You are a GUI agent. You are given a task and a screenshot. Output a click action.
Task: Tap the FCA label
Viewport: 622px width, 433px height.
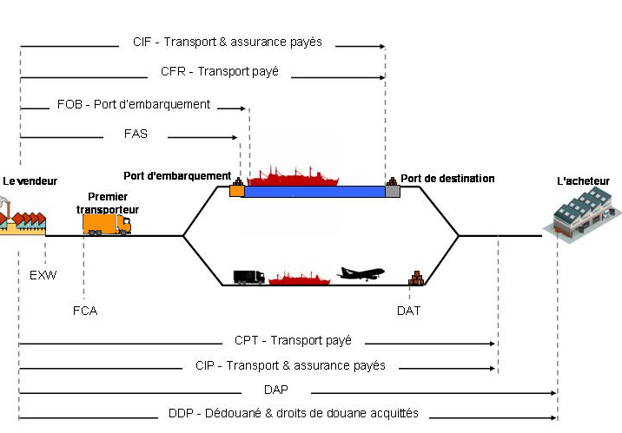(x=85, y=310)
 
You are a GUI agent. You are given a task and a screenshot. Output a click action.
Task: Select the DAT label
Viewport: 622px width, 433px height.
(x=408, y=310)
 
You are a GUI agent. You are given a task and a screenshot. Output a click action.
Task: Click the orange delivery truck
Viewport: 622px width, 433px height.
(x=106, y=224)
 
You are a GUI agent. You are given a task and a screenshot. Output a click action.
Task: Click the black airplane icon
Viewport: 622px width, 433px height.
(x=360, y=273)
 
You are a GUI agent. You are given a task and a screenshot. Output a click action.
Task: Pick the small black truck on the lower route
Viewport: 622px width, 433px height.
(x=248, y=277)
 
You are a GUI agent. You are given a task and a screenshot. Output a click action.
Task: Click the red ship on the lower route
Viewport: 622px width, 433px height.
(x=301, y=279)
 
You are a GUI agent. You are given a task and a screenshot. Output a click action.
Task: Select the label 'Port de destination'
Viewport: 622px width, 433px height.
(x=447, y=179)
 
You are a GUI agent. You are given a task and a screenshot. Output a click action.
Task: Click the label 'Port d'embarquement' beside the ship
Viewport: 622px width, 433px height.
(x=177, y=174)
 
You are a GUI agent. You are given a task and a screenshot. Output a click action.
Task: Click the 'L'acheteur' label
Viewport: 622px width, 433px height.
(x=583, y=181)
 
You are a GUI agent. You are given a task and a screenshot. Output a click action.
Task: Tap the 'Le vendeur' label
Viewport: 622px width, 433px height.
(x=30, y=181)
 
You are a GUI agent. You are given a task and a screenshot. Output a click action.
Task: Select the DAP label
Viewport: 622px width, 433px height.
(x=276, y=390)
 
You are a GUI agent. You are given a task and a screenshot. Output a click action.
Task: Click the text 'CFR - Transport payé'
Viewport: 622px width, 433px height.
(x=220, y=72)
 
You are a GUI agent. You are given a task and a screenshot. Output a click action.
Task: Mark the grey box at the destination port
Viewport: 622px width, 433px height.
(x=393, y=191)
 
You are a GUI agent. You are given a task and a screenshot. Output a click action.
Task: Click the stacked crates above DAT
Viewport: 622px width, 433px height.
(x=417, y=279)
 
